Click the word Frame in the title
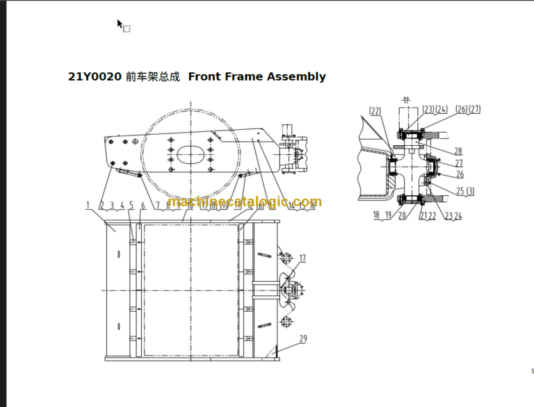[243, 76]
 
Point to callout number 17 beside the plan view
[302, 258]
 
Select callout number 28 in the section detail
[458, 151]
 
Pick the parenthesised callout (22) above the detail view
[375, 110]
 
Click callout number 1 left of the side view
[88, 205]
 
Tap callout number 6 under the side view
[143, 205]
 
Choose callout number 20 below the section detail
[402, 215]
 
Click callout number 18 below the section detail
[376, 215]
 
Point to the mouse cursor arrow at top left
[120, 24]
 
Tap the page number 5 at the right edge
[532, 371]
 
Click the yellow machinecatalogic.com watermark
[245, 201]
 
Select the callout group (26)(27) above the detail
[468, 109]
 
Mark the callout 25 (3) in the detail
[465, 191]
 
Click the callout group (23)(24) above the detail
[435, 109]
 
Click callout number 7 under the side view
[158, 205]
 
